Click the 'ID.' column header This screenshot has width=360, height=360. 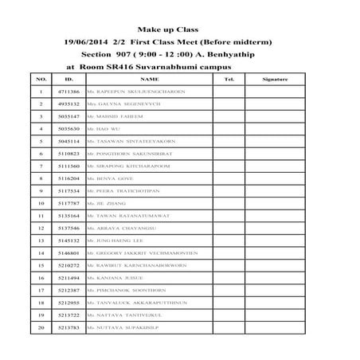click(x=68, y=80)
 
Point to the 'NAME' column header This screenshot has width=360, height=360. click(x=148, y=80)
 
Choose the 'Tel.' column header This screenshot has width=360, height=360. click(x=229, y=80)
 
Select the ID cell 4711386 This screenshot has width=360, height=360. click(x=69, y=92)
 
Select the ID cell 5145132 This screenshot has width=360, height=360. click(x=69, y=239)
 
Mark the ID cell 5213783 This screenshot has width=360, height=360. click(x=69, y=327)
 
